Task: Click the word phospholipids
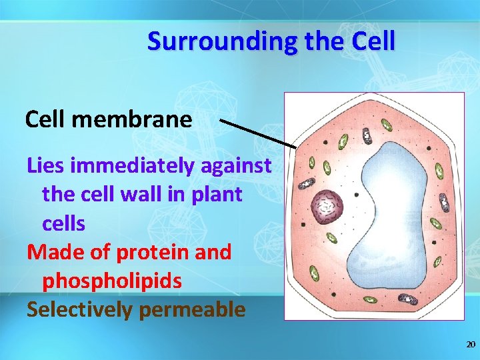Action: point(111,281)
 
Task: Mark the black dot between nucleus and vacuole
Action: point(357,195)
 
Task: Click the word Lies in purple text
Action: point(45,165)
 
